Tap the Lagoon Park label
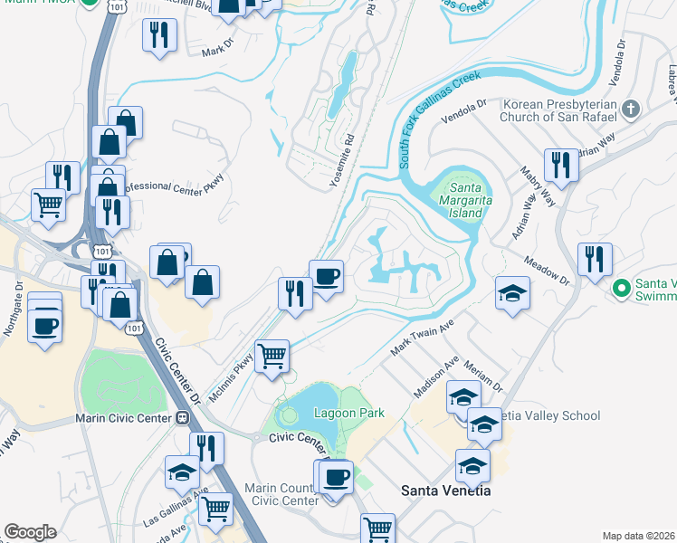[348, 413]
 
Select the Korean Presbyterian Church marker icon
[631, 109]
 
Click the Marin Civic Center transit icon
[182, 418]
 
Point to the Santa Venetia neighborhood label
[445, 490]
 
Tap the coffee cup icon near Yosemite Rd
[326, 275]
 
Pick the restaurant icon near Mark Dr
[160, 34]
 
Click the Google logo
[30, 532]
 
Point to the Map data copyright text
[639, 536]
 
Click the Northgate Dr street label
[13, 308]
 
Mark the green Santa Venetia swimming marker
[621, 289]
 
